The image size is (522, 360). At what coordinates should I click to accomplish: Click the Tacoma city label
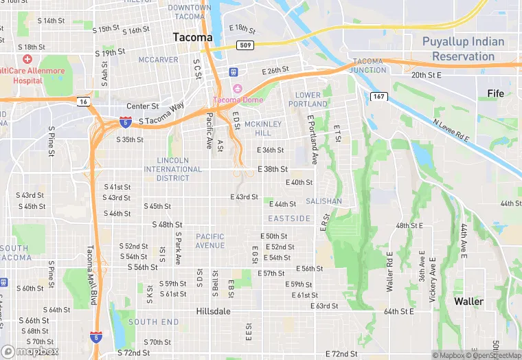(x=192, y=37)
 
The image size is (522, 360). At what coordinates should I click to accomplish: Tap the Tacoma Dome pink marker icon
(x=238, y=88)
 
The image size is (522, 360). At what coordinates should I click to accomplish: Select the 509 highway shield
(x=245, y=45)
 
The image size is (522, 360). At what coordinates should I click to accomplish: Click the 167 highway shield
(x=379, y=96)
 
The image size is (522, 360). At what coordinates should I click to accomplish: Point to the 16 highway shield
(x=83, y=101)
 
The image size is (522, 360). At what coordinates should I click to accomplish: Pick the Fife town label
(x=495, y=93)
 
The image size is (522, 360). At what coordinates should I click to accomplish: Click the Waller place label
(x=468, y=301)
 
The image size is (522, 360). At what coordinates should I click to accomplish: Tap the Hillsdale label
(x=213, y=311)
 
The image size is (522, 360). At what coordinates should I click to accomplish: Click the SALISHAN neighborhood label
(x=324, y=201)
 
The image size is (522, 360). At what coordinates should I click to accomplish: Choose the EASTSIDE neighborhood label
(x=289, y=218)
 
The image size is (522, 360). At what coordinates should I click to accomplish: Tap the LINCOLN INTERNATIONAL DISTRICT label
(x=172, y=169)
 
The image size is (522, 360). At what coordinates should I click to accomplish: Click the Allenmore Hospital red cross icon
(x=27, y=60)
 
